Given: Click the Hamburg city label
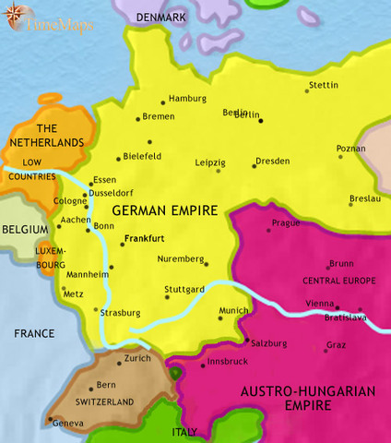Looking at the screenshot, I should (187, 99).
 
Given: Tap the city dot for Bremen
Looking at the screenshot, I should (138, 117).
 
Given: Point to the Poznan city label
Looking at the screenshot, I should (350, 149).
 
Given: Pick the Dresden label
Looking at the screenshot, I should (274, 161).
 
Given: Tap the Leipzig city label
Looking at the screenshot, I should (209, 162).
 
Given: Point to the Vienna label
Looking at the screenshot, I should (319, 304).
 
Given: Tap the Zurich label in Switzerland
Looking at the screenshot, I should (137, 358).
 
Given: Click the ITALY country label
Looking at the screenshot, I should (185, 432).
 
